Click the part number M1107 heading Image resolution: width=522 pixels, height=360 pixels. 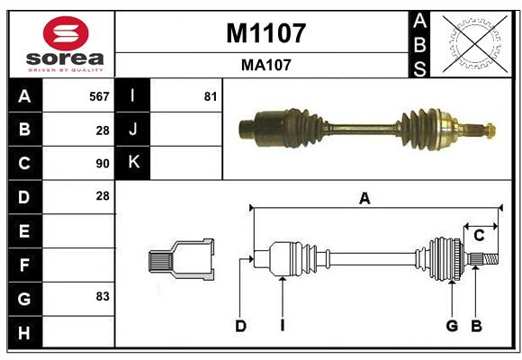pyautogui.click(x=265, y=33)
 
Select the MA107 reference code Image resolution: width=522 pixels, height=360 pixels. pyautogui.click(x=265, y=65)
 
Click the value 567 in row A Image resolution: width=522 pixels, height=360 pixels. pyautogui.click(x=99, y=95)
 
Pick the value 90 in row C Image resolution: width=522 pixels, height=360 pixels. pyautogui.click(x=103, y=164)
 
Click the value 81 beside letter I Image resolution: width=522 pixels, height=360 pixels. pyautogui.click(x=211, y=95)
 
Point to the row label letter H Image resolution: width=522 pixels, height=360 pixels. pyautogui.click(x=24, y=334)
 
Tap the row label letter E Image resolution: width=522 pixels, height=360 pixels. pyautogui.click(x=24, y=231)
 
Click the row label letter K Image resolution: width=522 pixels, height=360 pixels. pyautogui.click(x=133, y=163)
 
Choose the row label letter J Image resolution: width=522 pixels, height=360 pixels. pyautogui.click(x=133, y=129)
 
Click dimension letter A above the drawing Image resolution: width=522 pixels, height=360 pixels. pyautogui.click(x=364, y=199)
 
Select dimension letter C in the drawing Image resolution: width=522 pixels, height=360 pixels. pyautogui.click(x=480, y=236)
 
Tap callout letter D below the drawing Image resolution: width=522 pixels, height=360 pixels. pyautogui.click(x=240, y=326)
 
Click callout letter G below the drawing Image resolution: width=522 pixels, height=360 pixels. pyautogui.click(x=452, y=326)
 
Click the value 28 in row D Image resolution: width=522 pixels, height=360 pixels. pyautogui.click(x=103, y=195)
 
